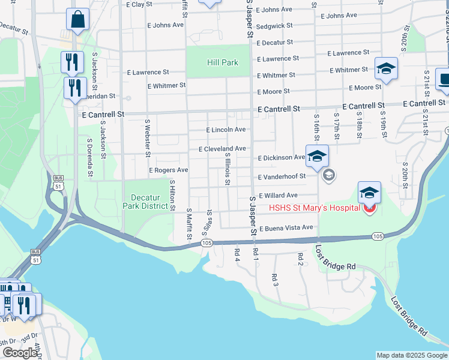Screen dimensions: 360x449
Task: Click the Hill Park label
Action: coord(223,62)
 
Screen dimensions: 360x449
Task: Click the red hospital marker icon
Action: coord(369,209)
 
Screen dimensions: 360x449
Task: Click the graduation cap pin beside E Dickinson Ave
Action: coord(317,157)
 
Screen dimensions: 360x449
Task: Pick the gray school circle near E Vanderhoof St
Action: coord(328,175)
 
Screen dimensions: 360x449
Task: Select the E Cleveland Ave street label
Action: coord(222,148)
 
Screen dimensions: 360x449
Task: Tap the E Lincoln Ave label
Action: coord(226,130)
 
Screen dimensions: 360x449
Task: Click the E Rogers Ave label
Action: coord(169,170)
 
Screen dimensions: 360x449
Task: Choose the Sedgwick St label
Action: coord(274,26)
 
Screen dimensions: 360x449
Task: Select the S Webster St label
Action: coord(147,137)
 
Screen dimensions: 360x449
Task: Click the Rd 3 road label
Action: coord(274,280)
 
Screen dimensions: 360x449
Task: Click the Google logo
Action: coord(20,353)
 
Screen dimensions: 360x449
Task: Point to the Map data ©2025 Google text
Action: coord(411,355)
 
